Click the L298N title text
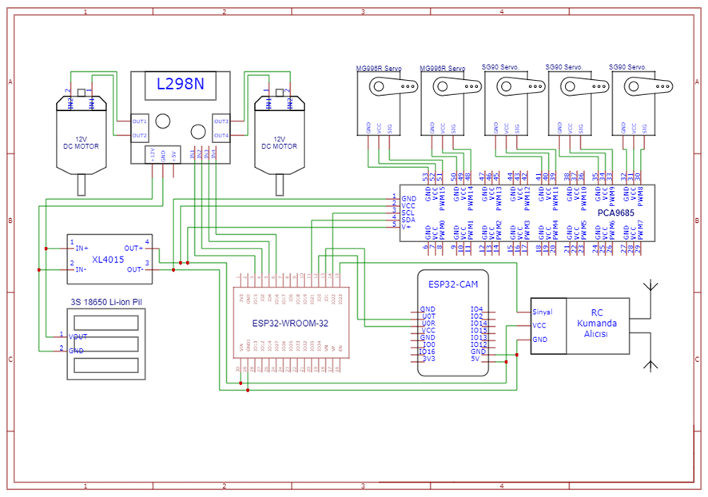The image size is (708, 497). (180, 84)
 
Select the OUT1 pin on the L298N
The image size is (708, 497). (140, 121)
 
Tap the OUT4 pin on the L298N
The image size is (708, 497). (221, 136)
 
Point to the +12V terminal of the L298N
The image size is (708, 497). (152, 153)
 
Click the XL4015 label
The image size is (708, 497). (107, 260)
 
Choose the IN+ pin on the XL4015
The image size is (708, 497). (82, 248)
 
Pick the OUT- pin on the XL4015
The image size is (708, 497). (133, 269)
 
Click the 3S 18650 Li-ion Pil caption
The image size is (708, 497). (106, 302)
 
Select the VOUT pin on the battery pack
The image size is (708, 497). (78, 336)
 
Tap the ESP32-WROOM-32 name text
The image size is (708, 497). (288, 323)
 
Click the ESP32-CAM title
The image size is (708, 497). (452, 284)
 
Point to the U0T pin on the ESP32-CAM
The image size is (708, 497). (428, 316)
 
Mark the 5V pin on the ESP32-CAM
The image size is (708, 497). (476, 359)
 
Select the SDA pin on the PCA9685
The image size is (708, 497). (408, 220)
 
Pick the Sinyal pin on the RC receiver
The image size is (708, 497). (542, 312)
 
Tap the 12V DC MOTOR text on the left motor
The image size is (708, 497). (81, 142)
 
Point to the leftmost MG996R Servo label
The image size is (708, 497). (379, 69)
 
